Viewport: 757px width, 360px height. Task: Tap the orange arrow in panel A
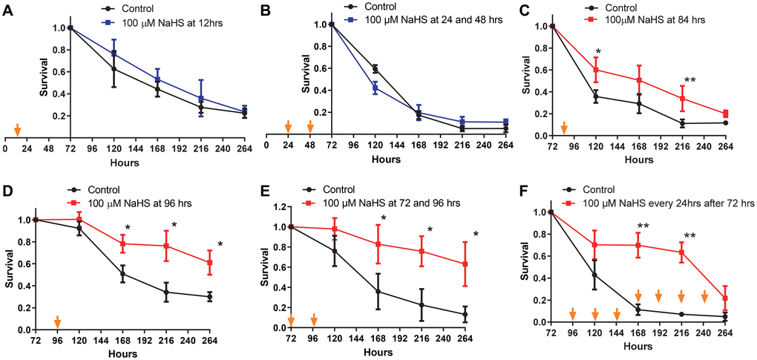(14, 130)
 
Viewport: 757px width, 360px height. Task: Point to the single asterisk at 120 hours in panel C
(597, 53)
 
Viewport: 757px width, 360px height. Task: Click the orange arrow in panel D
(57, 321)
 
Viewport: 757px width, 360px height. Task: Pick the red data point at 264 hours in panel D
(210, 263)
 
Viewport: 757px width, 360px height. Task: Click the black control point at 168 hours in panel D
(122, 274)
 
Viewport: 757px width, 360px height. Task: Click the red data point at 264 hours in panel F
(725, 298)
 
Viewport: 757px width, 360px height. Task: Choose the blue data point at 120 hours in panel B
(376, 88)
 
